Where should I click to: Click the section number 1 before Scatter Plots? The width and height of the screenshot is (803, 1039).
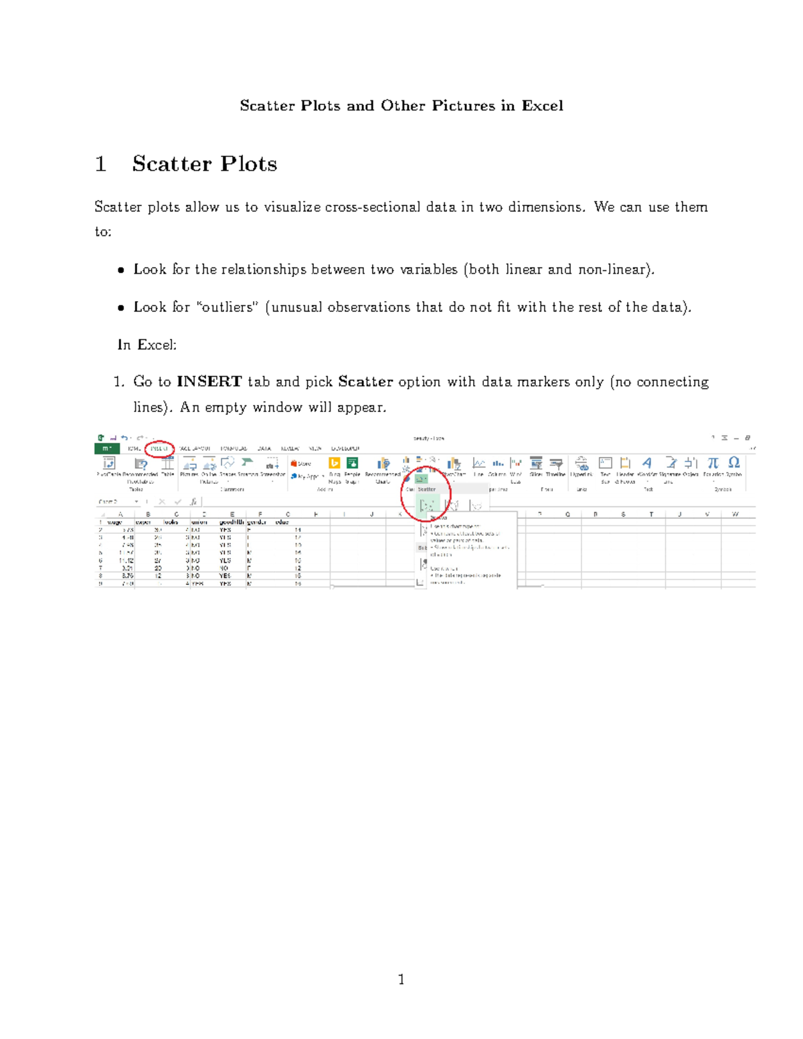[101, 164]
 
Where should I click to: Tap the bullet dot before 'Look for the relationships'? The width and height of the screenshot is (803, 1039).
[120, 270]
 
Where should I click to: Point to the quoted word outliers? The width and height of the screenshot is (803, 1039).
[228, 307]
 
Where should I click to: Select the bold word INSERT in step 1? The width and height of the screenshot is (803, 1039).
[209, 382]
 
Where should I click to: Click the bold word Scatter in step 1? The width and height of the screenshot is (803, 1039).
[365, 382]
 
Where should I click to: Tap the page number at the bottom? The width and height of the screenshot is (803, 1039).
[401, 980]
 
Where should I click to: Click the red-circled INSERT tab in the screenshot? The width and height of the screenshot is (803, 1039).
[159, 448]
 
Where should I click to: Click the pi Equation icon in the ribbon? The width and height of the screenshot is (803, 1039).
[713, 463]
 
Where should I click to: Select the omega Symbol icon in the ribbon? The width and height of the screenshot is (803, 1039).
[734, 463]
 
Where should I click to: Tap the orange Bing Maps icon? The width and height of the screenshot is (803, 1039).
[335, 463]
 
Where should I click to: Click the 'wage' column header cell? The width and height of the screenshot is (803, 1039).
[115, 522]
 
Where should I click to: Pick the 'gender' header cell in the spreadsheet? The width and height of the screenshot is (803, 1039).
[257, 522]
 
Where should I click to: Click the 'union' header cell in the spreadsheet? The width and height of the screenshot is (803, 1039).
[199, 522]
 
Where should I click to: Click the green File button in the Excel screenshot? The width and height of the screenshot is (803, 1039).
[106, 448]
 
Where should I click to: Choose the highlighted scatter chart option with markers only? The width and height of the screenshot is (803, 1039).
[426, 505]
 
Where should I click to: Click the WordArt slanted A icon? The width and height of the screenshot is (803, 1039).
[647, 463]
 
